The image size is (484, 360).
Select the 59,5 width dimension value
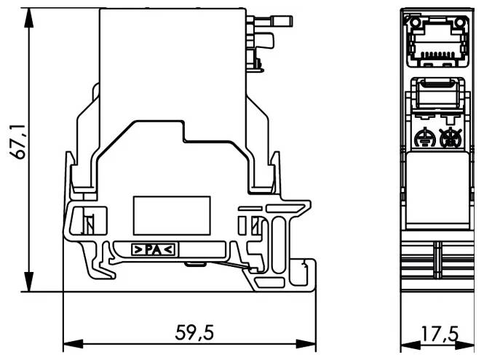pyautogui.click(x=194, y=333)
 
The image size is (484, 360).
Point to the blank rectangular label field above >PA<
pyautogui.click(x=172, y=215)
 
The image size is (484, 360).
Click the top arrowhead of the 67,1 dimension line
pyautogui.click(x=29, y=16)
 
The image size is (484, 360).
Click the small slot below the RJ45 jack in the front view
pyautogui.click(x=437, y=95)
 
